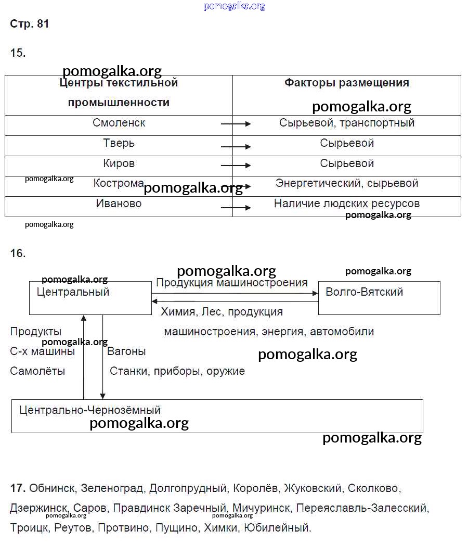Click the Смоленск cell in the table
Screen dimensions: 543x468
click(x=119, y=123)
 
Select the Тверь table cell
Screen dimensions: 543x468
click(x=119, y=143)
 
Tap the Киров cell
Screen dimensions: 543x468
click(x=119, y=163)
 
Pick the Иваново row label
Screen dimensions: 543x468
click(x=119, y=204)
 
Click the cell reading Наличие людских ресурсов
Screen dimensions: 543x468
click(x=346, y=204)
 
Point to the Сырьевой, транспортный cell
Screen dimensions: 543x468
click(x=346, y=123)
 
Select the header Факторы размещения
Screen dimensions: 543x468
click(x=346, y=83)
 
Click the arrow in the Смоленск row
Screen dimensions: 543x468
click(x=236, y=124)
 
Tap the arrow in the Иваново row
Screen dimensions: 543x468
click(x=236, y=208)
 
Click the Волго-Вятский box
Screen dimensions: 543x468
click(x=379, y=298)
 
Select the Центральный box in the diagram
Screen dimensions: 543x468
click(x=90, y=298)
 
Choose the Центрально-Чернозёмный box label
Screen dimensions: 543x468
click(x=90, y=410)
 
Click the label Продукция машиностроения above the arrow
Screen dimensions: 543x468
click(x=231, y=283)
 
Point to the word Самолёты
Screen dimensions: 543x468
click(x=37, y=371)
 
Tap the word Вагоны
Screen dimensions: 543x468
click(x=126, y=351)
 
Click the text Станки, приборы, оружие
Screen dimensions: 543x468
click(x=177, y=371)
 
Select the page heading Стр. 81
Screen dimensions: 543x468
click(x=30, y=24)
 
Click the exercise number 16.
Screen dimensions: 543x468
click(x=18, y=254)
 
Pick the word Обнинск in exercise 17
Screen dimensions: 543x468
click(x=52, y=488)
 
